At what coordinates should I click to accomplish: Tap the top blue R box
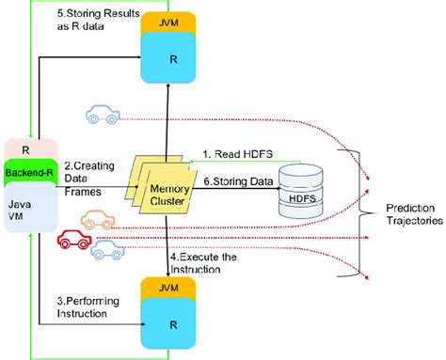tap(166, 58)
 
